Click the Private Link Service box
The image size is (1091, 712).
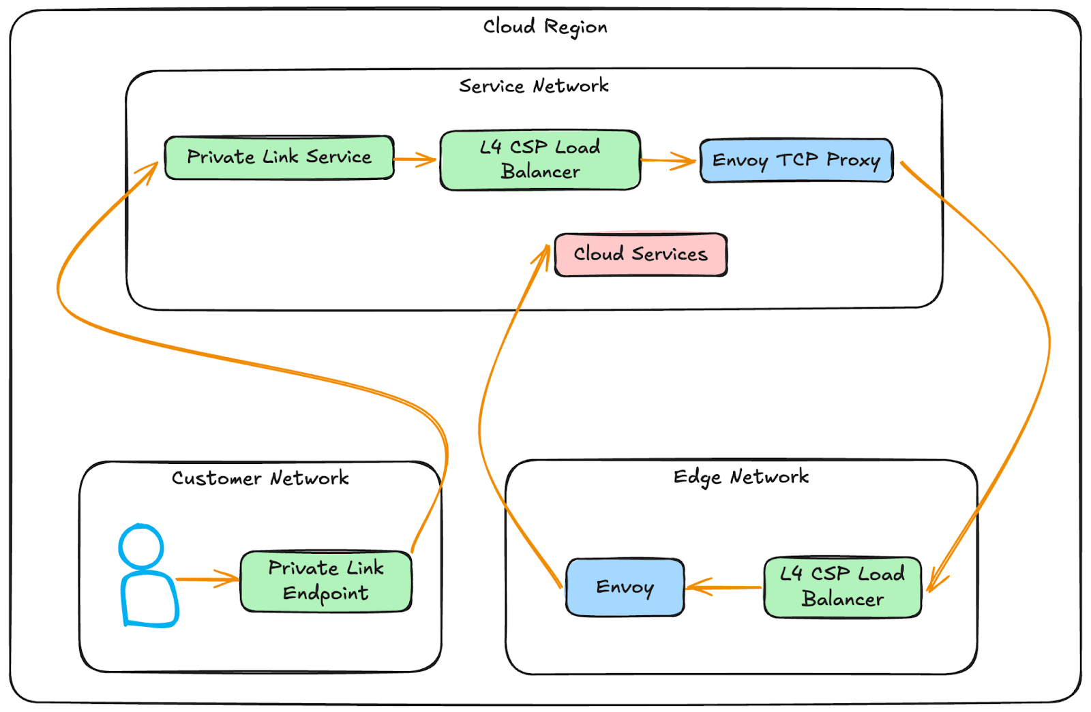click(x=279, y=157)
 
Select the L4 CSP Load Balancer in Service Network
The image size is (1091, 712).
click(x=540, y=159)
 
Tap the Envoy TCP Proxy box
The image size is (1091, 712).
click(x=796, y=161)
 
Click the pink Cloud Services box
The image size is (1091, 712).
click(x=640, y=254)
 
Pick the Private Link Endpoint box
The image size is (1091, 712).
click(x=326, y=581)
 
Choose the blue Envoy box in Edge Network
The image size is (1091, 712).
click(x=625, y=587)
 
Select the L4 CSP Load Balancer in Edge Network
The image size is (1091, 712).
click(x=842, y=587)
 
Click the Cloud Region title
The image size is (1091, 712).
click(x=545, y=27)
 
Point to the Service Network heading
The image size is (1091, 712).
click(x=533, y=86)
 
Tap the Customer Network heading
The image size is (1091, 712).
click(x=260, y=478)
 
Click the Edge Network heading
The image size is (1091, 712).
click(x=741, y=477)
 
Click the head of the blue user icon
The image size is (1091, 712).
click(x=141, y=546)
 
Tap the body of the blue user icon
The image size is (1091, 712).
click(x=149, y=600)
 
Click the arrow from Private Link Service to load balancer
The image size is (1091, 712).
click(x=415, y=159)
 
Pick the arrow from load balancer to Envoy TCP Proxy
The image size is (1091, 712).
click(x=668, y=161)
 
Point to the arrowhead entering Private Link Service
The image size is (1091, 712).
click(x=151, y=169)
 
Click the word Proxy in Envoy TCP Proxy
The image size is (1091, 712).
click(x=853, y=161)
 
